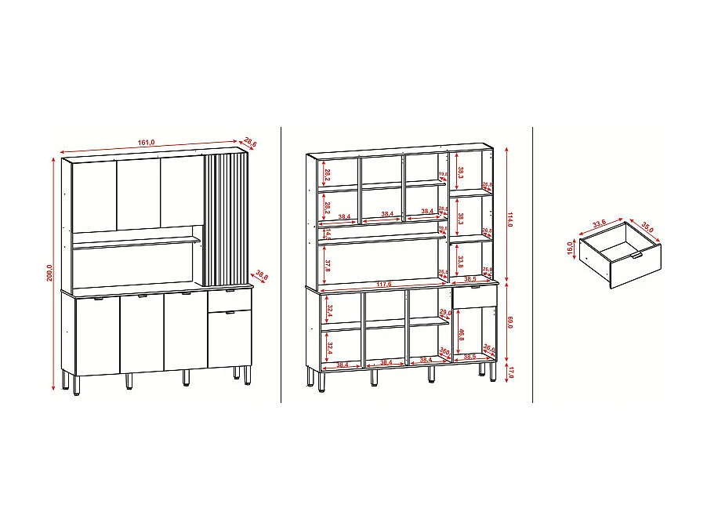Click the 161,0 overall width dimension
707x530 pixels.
tap(147, 143)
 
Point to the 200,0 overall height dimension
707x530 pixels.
tap(49, 272)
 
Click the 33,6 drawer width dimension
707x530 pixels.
tap(600, 224)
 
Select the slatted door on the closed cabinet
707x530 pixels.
tap(226, 219)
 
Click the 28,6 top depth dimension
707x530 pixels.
tap(251, 142)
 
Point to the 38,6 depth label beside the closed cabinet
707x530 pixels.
tap(262, 276)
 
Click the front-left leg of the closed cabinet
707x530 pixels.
tap(77, 385)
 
